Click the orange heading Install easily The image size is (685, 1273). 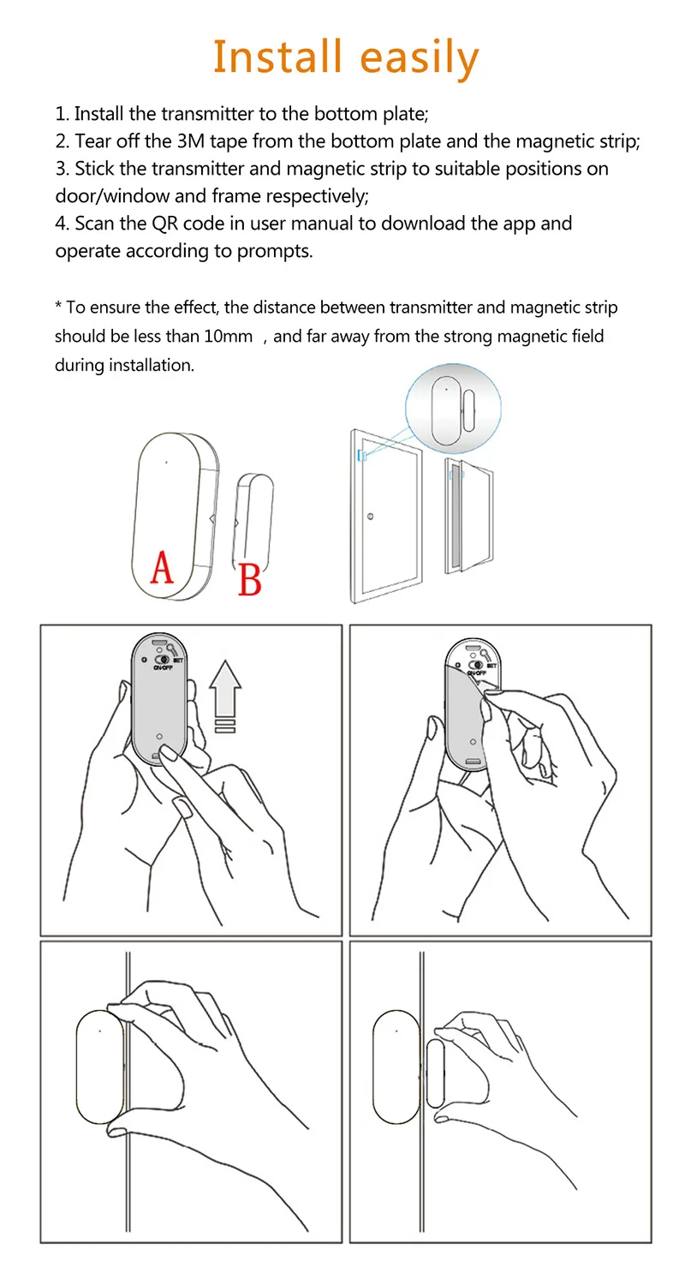click(x=345, y=57)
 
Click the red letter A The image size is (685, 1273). click(x=161, y=567)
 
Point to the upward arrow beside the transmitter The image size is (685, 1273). click(x=225, y=690)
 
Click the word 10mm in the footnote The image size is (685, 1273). click(x=229, y=337)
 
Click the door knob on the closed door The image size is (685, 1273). click(x=369, y=517)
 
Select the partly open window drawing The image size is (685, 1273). click(x=466, y=514)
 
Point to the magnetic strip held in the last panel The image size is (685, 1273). click(x=435, y=1073)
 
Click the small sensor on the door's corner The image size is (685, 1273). click(x=362, y=456)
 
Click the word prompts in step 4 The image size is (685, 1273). click(x=279, y=252)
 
